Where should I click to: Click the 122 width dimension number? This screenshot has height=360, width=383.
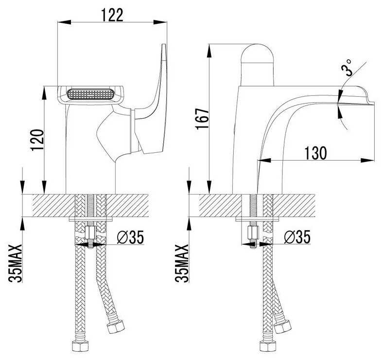click(x=112, y=15)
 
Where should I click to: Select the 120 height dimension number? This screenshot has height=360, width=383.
click(x=37, y=140)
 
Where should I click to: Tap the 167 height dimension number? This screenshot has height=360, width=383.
click(x=202, y=118)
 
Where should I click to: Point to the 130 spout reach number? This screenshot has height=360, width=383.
click(x=315, y=153)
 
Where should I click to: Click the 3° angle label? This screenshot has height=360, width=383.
click(x=348, y=68)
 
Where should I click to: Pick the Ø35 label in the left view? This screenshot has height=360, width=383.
click(x=130, y=237)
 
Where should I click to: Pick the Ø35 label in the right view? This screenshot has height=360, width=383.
click(x=297, y=237)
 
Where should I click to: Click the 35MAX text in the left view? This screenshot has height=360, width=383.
click(x=15, y=263)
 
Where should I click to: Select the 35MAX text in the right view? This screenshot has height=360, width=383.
click(x=182, y=263)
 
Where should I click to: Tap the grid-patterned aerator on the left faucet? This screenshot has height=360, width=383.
click(x=90, y=94)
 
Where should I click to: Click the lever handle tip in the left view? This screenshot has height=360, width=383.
click(x=164, y=46)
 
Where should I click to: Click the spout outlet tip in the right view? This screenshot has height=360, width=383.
click(x=373, y=104)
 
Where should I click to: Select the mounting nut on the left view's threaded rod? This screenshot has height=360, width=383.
click(x=90, y=234)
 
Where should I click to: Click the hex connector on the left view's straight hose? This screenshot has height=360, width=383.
click(x=80, y=346)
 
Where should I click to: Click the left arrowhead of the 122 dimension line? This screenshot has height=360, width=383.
click(x=64, y=22)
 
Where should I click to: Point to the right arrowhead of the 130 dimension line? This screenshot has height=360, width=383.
click(x=367, y=160)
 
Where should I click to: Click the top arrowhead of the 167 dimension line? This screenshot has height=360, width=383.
click(x=209, y=51)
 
